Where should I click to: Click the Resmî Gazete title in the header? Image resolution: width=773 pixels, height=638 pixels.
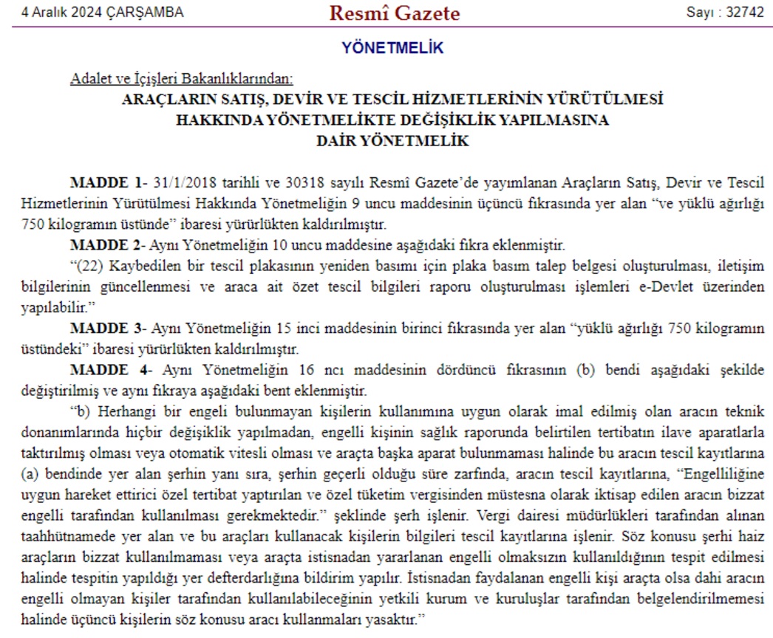394,13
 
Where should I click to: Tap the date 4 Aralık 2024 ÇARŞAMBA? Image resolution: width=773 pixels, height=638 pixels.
103,13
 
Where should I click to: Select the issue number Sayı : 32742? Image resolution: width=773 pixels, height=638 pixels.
724,13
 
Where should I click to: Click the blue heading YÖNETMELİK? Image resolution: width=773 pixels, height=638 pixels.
392,49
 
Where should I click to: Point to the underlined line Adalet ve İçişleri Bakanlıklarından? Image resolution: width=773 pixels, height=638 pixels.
181,80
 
